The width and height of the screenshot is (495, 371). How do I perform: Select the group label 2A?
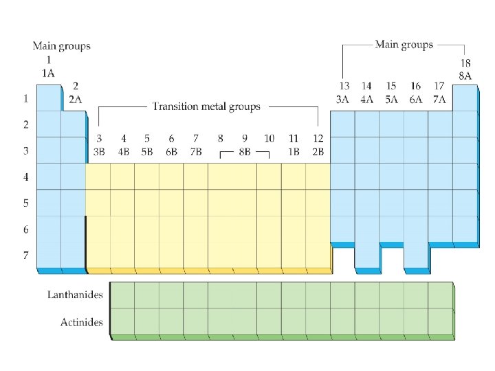click(x=75, y=99)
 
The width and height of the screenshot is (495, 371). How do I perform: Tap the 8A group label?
click(x=465, y=76)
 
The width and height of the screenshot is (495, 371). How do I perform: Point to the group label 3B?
click(x=100, y=152)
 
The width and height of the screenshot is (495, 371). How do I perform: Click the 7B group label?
click(x=195, y=152)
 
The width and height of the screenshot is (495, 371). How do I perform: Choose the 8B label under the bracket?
click(x=244, y=152)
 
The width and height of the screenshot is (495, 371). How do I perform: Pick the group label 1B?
click(x=294, y=152)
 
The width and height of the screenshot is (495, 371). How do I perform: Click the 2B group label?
click(x=318, y=152)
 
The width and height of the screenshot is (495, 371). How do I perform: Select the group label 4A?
click(x=367, y=99)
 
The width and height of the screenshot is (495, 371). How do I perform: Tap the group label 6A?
click(x=415, y=99)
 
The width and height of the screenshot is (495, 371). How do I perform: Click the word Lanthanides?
click(x=75, y=295)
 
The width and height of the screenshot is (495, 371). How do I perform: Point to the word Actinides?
click(x=82, y=322)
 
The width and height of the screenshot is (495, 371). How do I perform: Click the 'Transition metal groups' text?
click(x=206, y=106)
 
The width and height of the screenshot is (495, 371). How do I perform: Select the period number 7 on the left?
click(x=25, y=256)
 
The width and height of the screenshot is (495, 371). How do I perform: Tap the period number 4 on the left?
click(x=25, y=177)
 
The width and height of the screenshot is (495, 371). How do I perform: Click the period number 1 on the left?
click(x=25, y=98)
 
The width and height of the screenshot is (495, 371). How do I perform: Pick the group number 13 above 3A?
click(x=344, y=86)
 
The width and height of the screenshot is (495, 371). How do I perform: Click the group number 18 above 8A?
click(x=465, y=63)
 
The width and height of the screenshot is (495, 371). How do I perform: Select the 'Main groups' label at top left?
click(x=61, y=46)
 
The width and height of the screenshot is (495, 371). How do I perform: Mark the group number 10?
click(x=269, y=139)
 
